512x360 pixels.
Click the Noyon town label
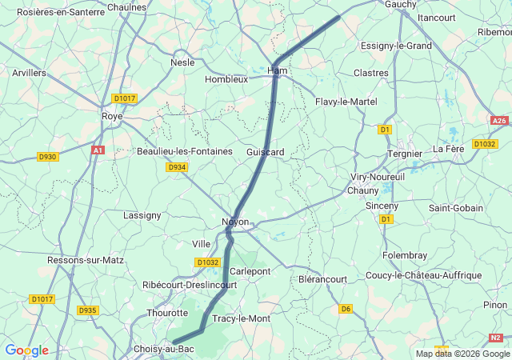[235, 222]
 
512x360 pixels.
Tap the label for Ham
[277, 70]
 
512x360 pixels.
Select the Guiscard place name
[266, 151]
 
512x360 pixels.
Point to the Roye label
[111, 115]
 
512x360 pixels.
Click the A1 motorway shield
[98, 150]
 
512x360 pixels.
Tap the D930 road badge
[48, 157]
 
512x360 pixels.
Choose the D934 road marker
[177, 167]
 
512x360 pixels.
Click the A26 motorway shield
[499, 121]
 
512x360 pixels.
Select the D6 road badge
[346, 308]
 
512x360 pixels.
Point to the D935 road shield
[87, 310]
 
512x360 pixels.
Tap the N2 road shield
[496, 338]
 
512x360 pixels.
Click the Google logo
[26, 350]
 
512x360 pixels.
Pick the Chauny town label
[362, 190]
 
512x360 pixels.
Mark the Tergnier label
[404, 153]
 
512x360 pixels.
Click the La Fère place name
[449, 149]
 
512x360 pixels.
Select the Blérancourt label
[322, 279]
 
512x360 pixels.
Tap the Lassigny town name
[142, 214]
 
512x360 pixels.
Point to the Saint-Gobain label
[456, 208]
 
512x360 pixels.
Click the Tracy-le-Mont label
[241, 318]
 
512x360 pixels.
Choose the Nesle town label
[182, 62]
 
